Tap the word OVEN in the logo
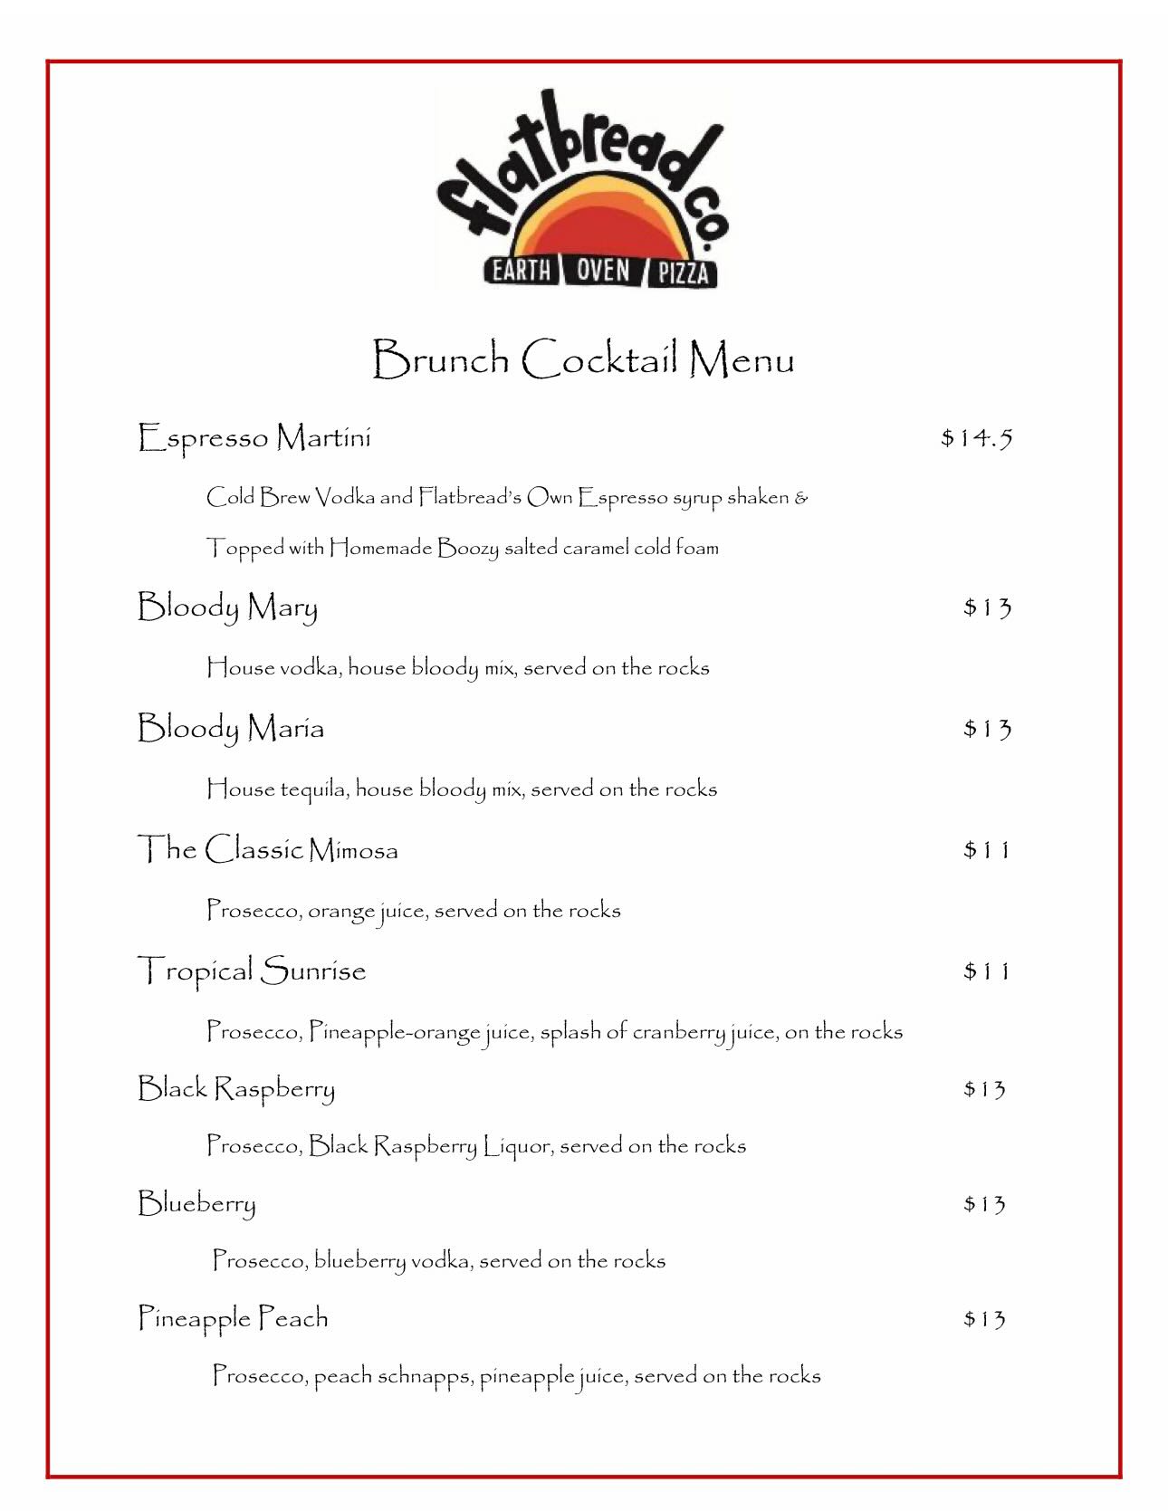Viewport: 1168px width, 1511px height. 602,270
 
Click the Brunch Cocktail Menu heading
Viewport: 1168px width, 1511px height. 583,359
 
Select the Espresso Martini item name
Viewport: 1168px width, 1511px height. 254,438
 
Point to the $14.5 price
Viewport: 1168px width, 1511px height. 976,439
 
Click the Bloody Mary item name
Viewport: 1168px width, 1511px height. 227,607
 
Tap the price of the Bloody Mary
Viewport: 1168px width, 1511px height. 987,607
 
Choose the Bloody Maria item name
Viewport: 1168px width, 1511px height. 230,729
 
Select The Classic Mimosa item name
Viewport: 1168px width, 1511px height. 267,850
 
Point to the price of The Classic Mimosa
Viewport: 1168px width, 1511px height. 986,850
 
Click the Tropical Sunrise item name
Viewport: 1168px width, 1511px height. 252,971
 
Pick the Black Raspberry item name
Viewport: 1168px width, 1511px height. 235,1089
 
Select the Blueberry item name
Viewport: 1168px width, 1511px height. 196,1204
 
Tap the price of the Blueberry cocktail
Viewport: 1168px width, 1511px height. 984,1204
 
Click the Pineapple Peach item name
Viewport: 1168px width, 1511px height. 233,1319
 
